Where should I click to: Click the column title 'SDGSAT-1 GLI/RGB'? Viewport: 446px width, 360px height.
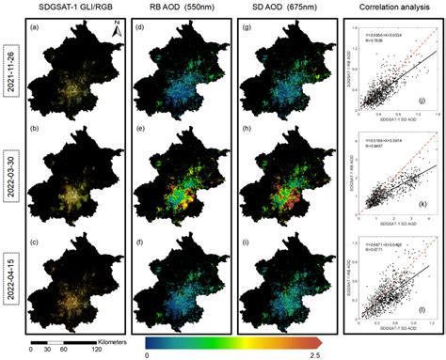(x=78, y=8)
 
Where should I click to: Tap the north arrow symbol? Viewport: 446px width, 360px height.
(x=115, y=34)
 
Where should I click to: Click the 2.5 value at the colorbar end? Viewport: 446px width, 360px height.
(x=317, y=354)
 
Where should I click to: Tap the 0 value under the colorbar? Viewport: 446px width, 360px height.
(x=147, y=354)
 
